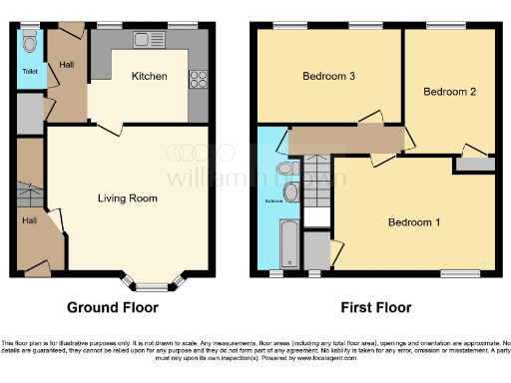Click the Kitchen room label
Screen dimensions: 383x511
point(150,77)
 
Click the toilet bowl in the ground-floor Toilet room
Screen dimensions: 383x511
point(30,43)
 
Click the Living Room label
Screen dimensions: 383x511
point(127,198)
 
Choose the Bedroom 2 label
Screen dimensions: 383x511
point(448,92)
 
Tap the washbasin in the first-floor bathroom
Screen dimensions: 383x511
point(290,192)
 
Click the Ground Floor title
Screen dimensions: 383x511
point(112,308)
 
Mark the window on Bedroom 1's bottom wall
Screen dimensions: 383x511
point(461,271)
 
